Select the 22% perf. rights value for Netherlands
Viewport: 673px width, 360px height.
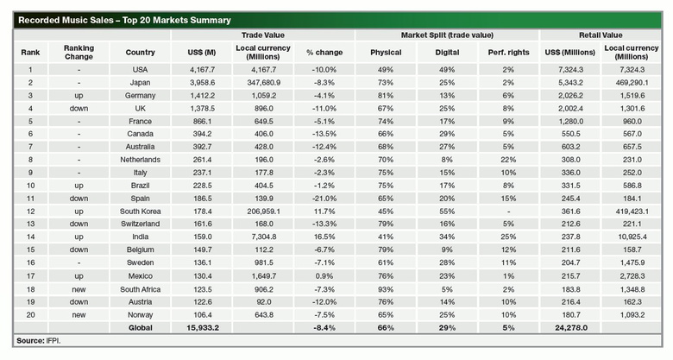pyautogui.click(x=508, y=160)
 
